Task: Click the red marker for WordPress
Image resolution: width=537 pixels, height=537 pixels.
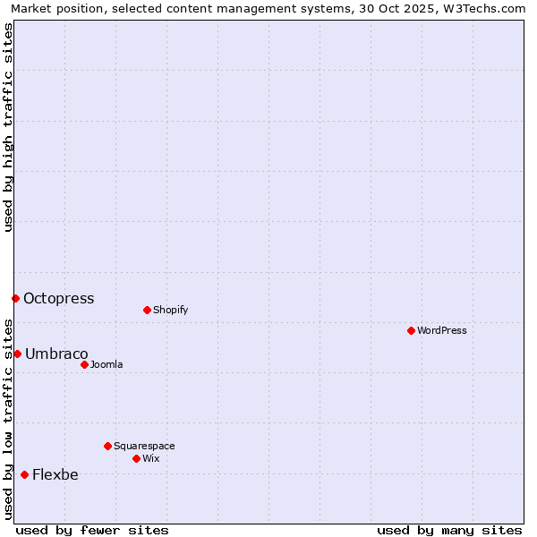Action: (411, 330)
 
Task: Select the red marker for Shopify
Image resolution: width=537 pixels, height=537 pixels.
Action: (147, 310)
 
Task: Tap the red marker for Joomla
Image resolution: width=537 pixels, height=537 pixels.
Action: (84, 364)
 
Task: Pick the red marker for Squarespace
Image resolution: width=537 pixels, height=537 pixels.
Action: (107, 446)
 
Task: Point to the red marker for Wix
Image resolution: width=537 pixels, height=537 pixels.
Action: (136, 458)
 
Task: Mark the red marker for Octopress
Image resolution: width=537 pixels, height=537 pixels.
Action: (15, 298)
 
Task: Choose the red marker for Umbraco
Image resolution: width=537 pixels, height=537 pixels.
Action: (17, 354)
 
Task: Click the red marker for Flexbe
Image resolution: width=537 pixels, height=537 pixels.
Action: (24, 474)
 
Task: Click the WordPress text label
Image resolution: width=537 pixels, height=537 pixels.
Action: (442, 330)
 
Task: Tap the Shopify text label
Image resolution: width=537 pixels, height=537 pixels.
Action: (170, 310)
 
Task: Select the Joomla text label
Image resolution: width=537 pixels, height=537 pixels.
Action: (107, 364)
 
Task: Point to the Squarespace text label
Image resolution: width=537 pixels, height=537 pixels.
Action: (144, 446)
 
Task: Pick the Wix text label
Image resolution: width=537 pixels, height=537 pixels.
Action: (150, 458)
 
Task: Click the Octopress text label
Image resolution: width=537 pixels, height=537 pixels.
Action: (58, 299)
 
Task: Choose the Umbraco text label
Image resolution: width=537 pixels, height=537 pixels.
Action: (56, 354)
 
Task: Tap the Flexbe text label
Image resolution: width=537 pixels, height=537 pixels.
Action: (55, 475)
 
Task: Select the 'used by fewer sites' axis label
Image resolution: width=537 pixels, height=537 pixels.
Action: (92, 530)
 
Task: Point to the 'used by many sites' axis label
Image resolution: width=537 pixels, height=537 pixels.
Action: (449, 530)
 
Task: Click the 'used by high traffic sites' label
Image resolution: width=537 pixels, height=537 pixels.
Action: (8, 127)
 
